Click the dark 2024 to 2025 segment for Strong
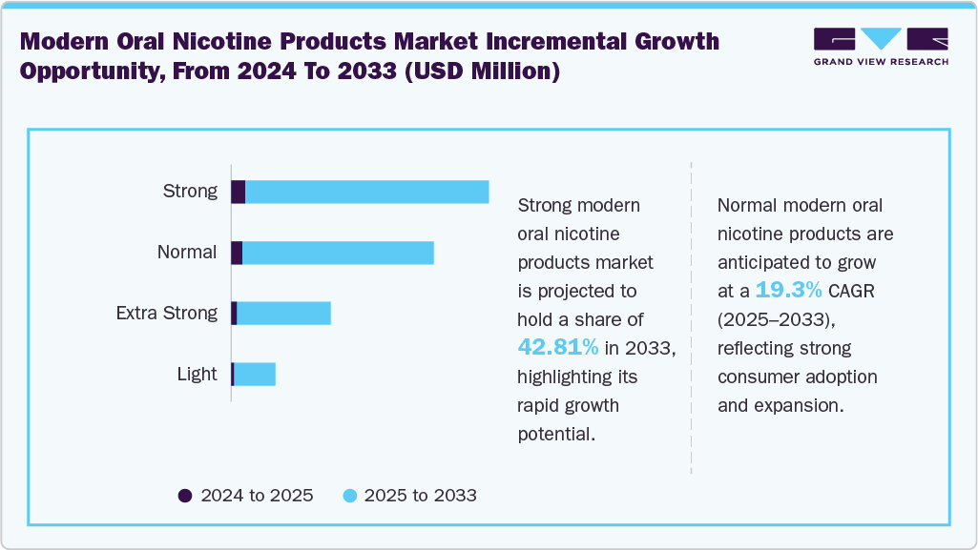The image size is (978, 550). pos(239,192)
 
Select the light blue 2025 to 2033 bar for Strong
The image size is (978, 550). pos(367,192)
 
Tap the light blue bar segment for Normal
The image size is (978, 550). pos(338,253)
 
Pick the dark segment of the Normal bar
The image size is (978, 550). pos(237,253)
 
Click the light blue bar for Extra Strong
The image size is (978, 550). pos(283,314)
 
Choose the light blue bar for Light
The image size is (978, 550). pos(255,375)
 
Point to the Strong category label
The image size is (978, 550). pos(190,192)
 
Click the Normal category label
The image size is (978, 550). pos(187,253)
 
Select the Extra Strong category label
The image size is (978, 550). pos(166,314)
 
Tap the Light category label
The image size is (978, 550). pos(197,375)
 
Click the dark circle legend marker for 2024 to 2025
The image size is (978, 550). pos(185,496)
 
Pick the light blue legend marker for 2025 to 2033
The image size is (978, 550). pos(349,496)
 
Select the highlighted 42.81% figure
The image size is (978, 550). pos(558,347)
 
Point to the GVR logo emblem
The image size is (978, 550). pos(881,39)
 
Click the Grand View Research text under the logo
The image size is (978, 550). pos(881,62)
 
